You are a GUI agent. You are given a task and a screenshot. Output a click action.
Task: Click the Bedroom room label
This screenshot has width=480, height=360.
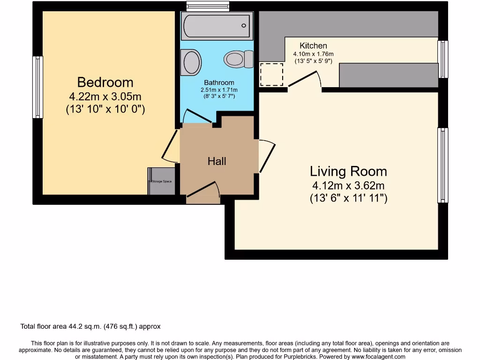point(105,82)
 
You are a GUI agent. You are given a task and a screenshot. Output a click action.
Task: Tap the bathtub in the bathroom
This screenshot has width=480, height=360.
point(217,26)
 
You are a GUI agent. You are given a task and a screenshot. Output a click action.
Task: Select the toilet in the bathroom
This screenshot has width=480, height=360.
point(238,60)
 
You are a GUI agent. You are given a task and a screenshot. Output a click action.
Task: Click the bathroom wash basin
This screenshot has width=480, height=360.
point(191,62)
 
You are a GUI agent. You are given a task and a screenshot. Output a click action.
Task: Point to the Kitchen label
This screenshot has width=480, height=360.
point(313,45)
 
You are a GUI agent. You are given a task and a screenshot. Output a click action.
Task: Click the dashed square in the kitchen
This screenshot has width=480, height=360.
point(272,74)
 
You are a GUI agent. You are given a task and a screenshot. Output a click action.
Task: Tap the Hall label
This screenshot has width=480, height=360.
point(217,161)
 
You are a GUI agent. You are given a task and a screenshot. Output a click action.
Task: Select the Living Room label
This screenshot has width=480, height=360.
point(348,172)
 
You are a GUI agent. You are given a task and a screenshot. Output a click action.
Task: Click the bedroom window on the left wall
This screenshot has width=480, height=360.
point(37,87)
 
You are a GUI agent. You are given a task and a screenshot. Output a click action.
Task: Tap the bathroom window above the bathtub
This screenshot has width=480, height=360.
point(207,6)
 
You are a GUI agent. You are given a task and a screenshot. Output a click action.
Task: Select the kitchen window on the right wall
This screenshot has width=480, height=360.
point(442,59)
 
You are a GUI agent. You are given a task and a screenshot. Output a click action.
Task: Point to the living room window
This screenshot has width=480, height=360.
point(442,165)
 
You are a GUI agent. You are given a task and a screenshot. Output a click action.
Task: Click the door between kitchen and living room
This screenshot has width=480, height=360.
point(305,79)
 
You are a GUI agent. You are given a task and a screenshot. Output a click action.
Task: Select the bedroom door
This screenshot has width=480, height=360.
point(170,146)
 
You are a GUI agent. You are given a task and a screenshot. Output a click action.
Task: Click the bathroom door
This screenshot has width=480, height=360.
point(196,117)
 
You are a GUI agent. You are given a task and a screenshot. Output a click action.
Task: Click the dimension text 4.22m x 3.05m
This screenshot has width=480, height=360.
point(105,97)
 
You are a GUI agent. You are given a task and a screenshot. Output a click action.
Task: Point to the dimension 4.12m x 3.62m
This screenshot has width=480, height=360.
point(348,185)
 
